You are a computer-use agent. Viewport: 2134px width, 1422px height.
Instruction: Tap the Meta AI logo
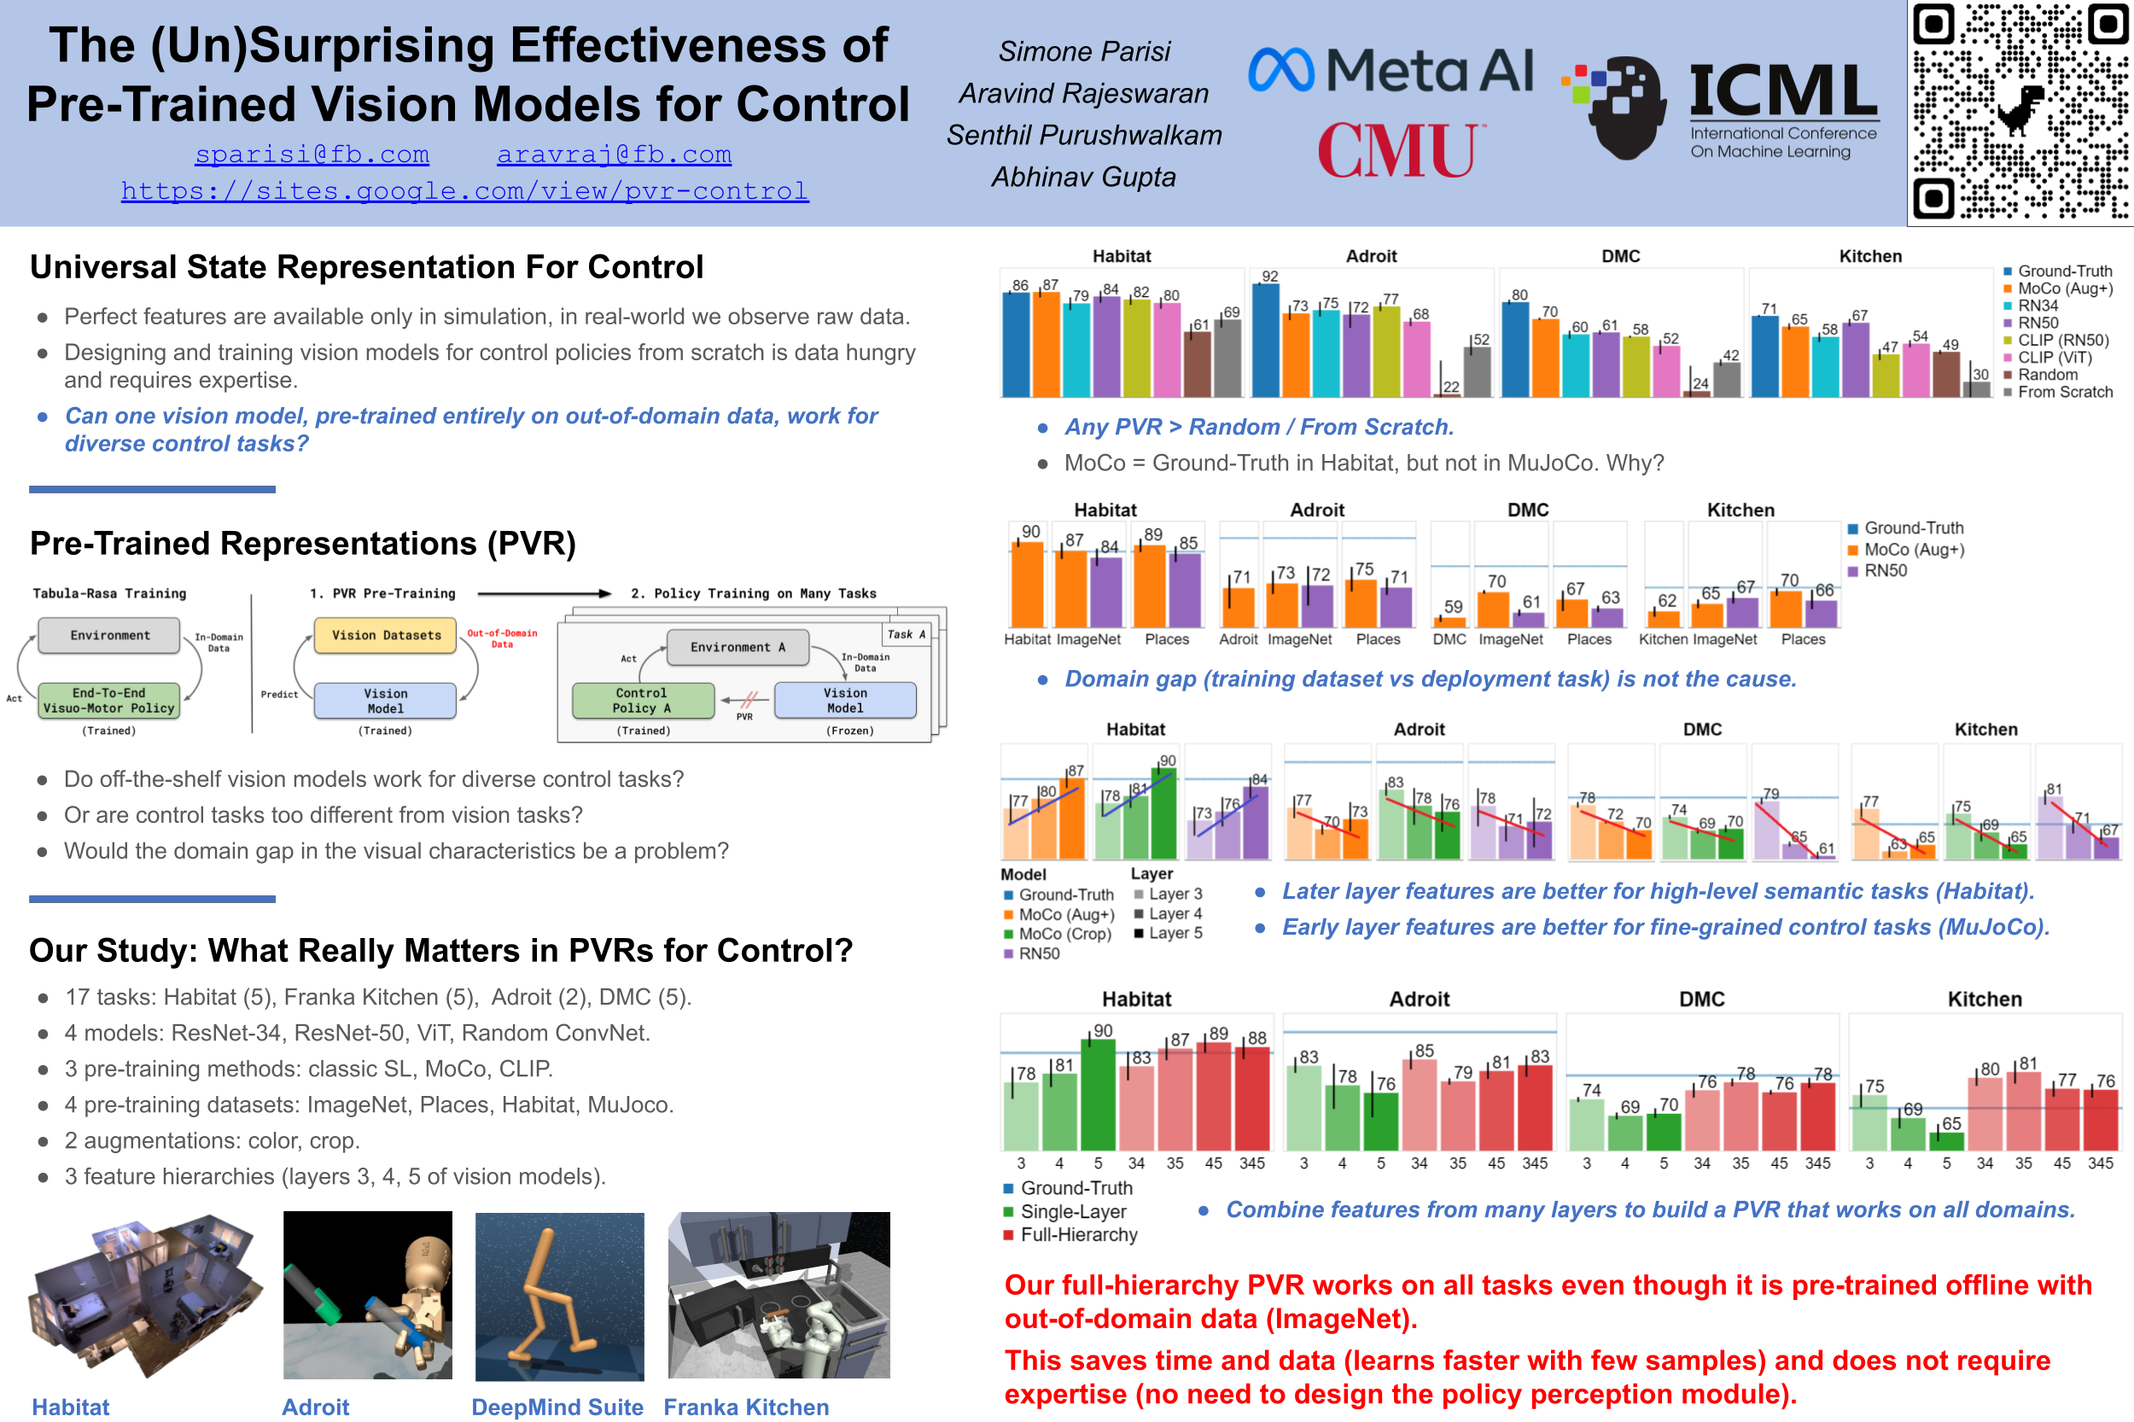pos(1391,70)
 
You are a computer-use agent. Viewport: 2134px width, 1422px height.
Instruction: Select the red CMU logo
pos(1400,150)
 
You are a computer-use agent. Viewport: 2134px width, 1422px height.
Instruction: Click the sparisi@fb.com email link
pos(312,154)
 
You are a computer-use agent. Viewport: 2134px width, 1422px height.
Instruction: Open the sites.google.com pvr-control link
pos(464,190)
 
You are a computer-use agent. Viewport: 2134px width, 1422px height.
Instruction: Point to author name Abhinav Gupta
pos(1083,177)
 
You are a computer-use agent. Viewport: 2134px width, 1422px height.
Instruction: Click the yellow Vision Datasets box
pos(386,636)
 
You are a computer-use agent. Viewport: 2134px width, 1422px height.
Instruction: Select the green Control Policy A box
pos(642,700)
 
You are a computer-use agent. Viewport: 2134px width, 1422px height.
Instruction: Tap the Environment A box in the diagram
pos(738,648)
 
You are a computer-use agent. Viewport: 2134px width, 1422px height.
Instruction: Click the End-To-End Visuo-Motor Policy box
pos(108,700)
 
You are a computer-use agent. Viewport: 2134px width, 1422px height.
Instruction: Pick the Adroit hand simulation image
pos(367,1295)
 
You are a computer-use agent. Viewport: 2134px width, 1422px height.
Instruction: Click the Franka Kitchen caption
pos(745,1407)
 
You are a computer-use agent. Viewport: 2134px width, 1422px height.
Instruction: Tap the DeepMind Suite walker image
pos(560,1295)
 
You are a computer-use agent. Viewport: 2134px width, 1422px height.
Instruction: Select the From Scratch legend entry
pos(2064,392)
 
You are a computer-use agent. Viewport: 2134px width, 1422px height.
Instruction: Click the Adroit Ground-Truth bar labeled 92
pos(1265,340)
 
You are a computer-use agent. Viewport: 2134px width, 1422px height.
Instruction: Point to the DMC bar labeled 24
pos(1696,393)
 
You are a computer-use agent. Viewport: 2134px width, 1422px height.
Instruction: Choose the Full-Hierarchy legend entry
pos(1078,1234)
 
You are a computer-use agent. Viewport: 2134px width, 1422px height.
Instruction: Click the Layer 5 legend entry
pos(1175,933)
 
